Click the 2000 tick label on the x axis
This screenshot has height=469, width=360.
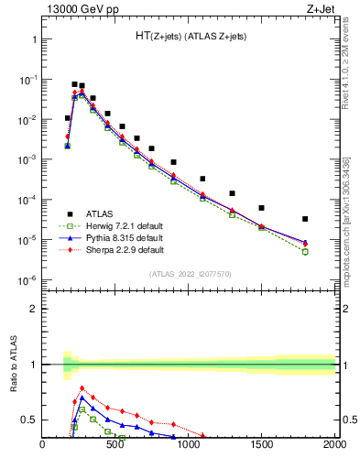[334, 446]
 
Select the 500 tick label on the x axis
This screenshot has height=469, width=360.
[115, 446]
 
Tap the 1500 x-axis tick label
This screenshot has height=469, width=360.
[262, 446]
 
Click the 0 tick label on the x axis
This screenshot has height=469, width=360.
[42, 446]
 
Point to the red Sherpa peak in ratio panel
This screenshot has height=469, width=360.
[82, 387]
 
